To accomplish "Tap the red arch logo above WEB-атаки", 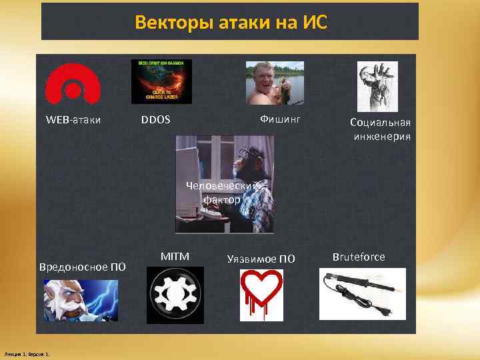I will click(x=73, y=85).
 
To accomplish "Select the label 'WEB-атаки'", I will click(x=73, y=121).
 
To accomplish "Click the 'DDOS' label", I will click(x=156, y=120).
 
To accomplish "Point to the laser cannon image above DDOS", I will click(x=161, y=81).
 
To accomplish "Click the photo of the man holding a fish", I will click(x=275, y=83).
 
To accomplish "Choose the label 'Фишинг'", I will click(x=280, y=119).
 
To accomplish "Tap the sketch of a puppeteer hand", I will click(x=377, y=86).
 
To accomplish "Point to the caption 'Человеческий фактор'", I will click(x=223, y=192).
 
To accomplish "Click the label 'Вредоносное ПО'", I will click(x=83, y=267).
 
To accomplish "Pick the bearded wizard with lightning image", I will click(x=81, y=300).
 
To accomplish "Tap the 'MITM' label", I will click(x=175, y=256).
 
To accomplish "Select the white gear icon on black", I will click(x=175, y=295).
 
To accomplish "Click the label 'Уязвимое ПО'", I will click(x=261, y=259).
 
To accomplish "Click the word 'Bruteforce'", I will click(x=358, y=257).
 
